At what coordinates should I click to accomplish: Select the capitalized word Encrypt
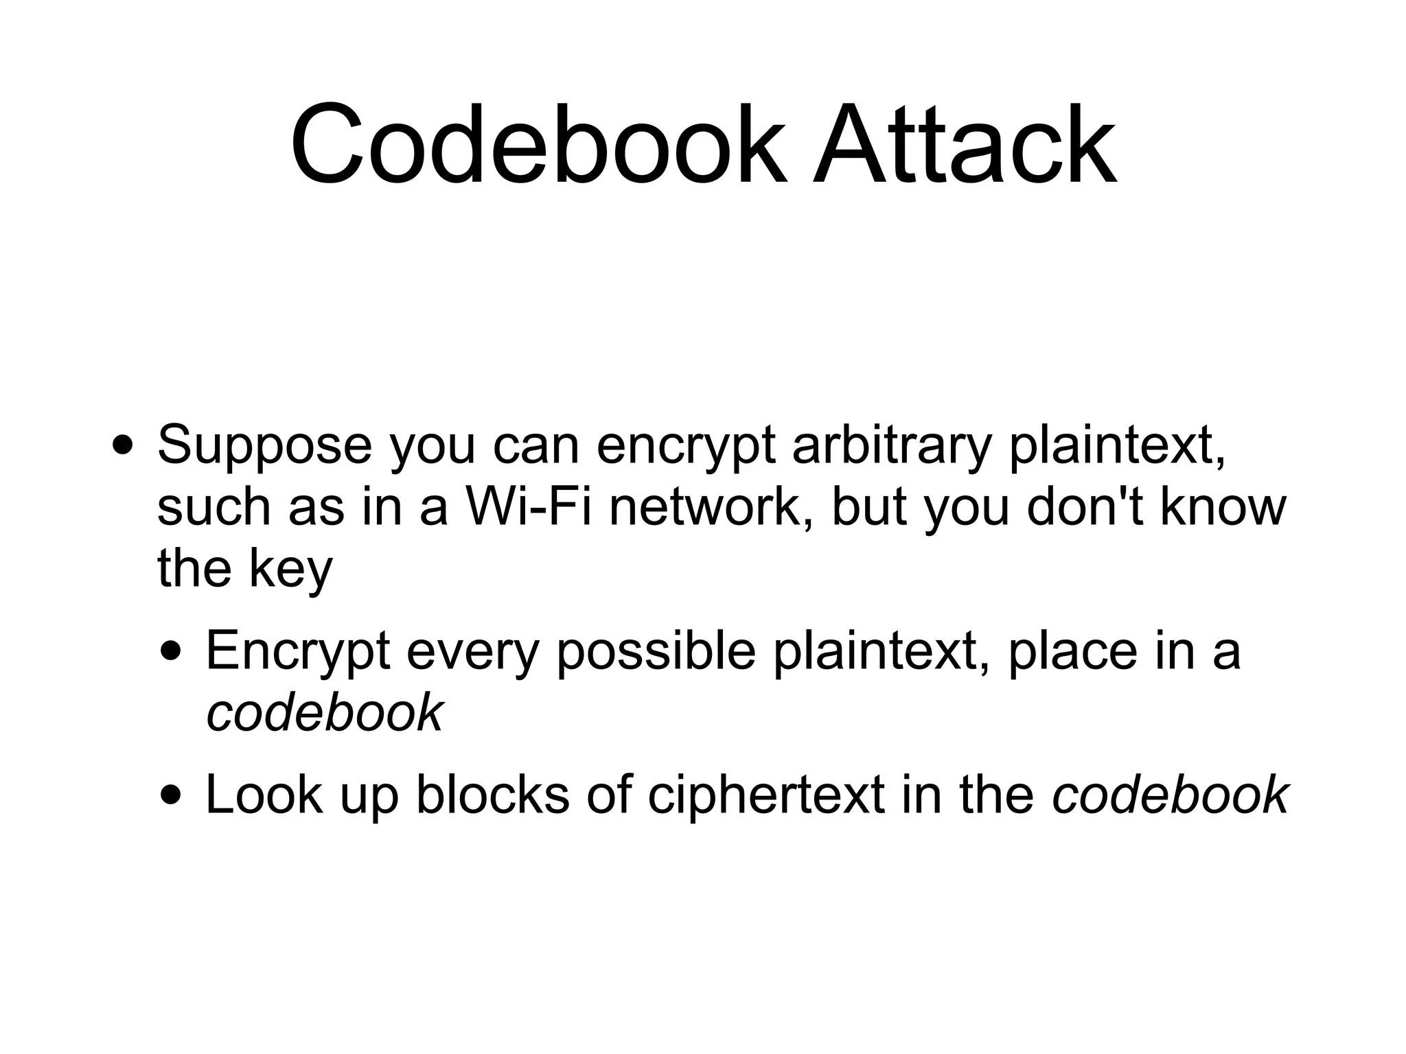[298, 652]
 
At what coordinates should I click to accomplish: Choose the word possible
[656, 652]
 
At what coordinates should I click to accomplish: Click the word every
[472, 652]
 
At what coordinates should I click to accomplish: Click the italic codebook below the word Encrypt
[325, 712]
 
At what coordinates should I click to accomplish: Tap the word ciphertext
[765, 795]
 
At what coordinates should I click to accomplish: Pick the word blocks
[492, 795]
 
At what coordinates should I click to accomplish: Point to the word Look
[264, 795]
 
